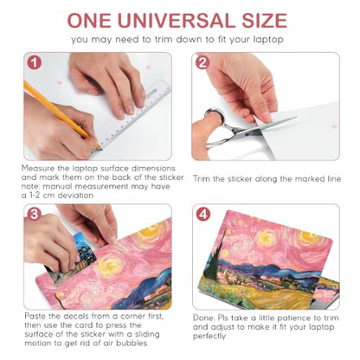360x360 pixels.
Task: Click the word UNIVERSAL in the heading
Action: pos(177,20)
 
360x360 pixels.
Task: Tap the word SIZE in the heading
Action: pos(265,20)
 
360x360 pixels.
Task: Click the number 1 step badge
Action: pos(35,62)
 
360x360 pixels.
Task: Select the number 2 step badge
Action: pos(202,62)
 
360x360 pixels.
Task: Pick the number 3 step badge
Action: pos(35,215)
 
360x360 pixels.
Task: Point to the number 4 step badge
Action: pos(203,215)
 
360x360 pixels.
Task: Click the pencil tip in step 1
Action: pos(101,149)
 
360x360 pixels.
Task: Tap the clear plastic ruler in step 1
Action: pos(136,115)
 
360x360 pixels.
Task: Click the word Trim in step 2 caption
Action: pos(201,179)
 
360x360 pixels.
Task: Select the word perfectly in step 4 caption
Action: pos(209,337)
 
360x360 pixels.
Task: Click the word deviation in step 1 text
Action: pos(75,196)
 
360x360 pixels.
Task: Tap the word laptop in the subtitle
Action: pos(268,40)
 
